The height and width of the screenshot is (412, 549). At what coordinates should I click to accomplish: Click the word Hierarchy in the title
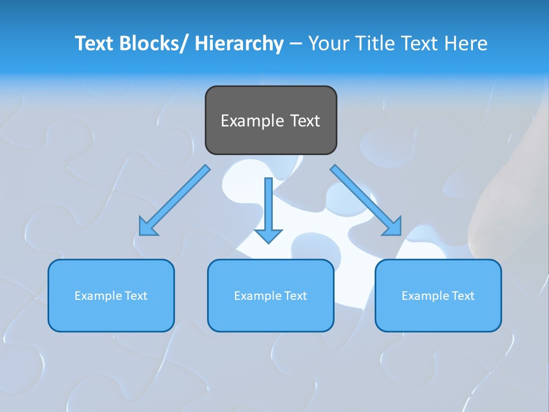click(239, 43)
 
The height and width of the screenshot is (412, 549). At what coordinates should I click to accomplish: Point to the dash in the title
click(295, 43)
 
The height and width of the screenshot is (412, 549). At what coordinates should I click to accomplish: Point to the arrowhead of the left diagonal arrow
click(146, 228)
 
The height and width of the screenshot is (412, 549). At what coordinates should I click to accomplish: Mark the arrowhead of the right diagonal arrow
click(394, 227)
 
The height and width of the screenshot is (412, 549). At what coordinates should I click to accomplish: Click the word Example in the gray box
click(252, 121)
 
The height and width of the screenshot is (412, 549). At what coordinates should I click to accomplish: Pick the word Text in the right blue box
click(463, 296)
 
